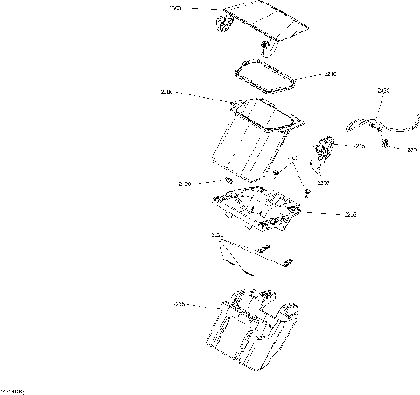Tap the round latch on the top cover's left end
click(221, 26)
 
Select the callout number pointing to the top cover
click(174, 8)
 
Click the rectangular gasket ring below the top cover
click(263, 75)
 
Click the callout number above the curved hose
click(383, 90)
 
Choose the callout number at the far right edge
click(412, 149)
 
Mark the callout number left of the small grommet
click(185, 184)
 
